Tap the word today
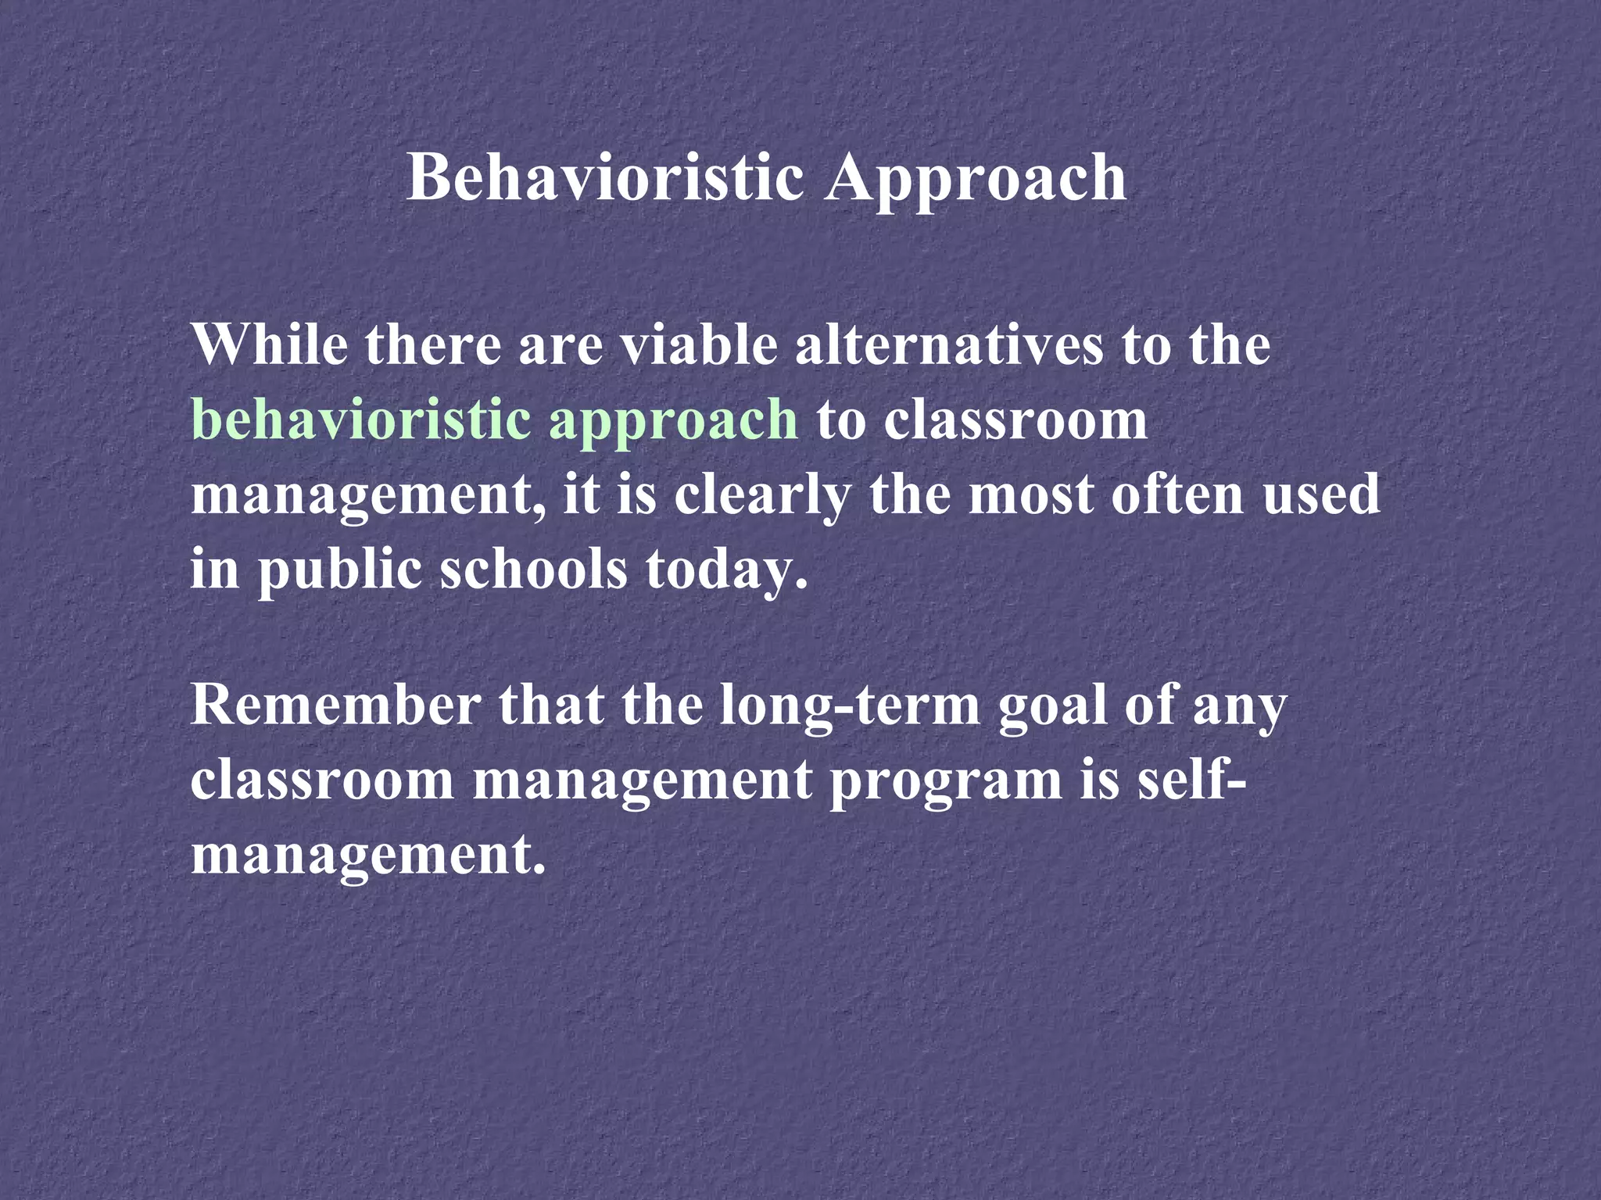[726, 570]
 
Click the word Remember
[336, 705]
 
